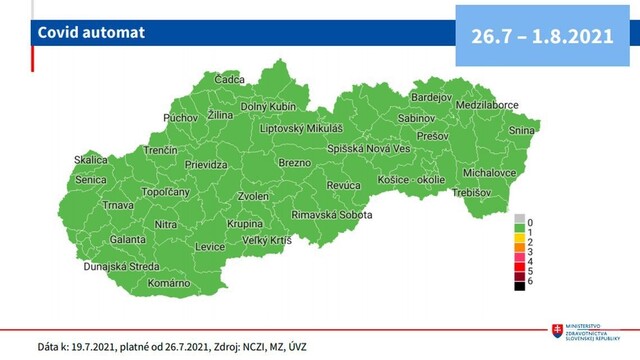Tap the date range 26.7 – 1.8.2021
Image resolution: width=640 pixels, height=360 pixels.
(541, 35)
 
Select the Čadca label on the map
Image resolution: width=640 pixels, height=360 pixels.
(230, 79)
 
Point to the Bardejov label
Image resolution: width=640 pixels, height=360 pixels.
(432, 97)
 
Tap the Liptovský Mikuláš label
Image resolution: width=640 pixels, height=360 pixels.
(301, 129)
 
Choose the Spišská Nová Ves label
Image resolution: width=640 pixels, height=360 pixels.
(369, 148)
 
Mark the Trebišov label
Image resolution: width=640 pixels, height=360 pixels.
(471, 192)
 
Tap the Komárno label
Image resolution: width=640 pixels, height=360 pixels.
(168, 283)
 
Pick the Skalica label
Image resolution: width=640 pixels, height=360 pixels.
(90, 160)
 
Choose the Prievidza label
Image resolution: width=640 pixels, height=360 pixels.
(207, 164)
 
